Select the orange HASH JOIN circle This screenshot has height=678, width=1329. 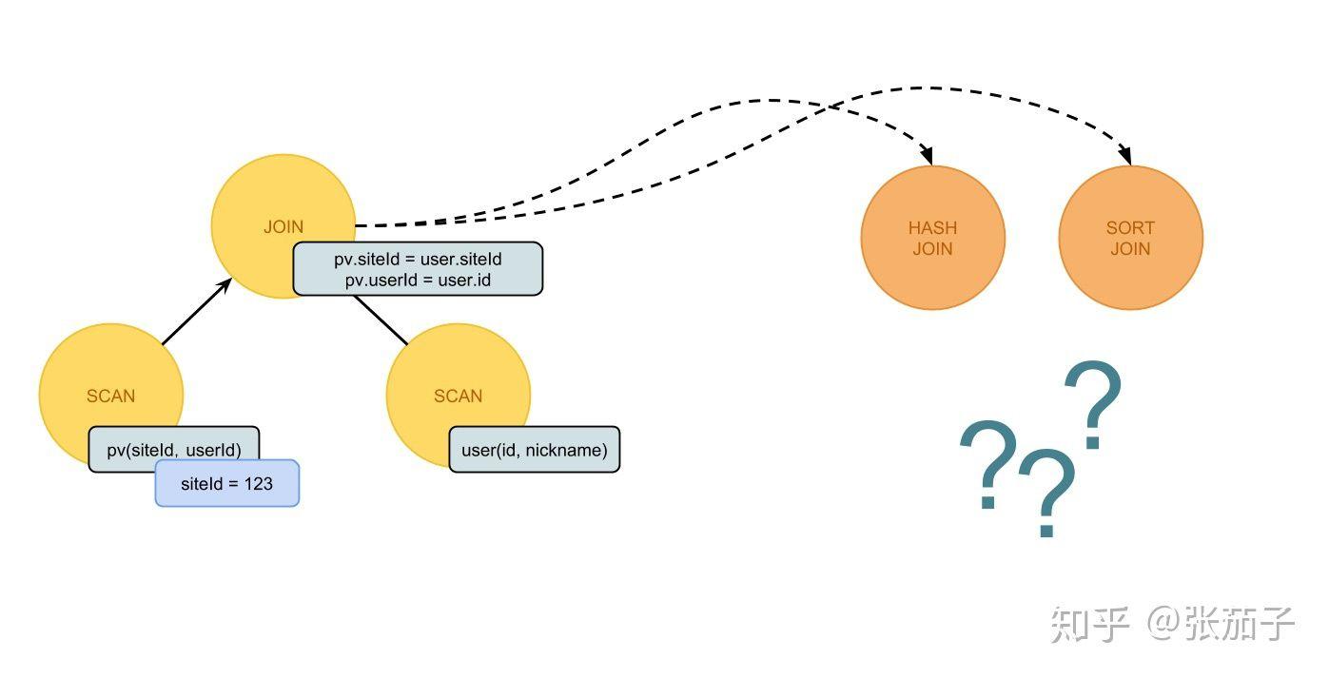pyautogui.click(x=932, y=238)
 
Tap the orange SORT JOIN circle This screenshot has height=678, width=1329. pyautogui.click(x=1131, y=238)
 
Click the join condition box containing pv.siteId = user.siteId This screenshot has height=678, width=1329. pyautogui.click(x=418, y=269)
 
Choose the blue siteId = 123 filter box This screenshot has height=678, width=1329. pyautogui.click(x=227, y=483)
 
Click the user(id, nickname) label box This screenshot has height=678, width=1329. pyautogui.click(x=535, y=450)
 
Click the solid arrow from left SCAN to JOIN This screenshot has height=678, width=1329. pyautogui.click(x=197, y=311)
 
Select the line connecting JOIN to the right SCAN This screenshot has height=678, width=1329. pyautogui.click(x=381, y=320)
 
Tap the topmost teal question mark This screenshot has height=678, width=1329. pyautogui.click(x=1093, y=404)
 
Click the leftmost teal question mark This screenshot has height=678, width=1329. pyautogui.click(x=989, y=464)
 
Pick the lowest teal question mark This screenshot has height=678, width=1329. pyautogui.click(x=1047, y=494)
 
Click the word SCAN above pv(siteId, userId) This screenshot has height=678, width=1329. pyautogui.click(x=111, y=397)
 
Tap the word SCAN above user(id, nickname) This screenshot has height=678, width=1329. pyautogui.click(x=458, y=397)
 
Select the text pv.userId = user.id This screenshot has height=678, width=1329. pyautogui.click(x=418, y=280)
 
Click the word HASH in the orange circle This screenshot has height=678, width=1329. pyautogui.click(x=932, y=228)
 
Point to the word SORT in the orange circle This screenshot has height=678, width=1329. pyautogui.click(x=1131, y=228)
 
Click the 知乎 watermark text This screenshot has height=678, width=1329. pyautogui.click(x=1090, y=625)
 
